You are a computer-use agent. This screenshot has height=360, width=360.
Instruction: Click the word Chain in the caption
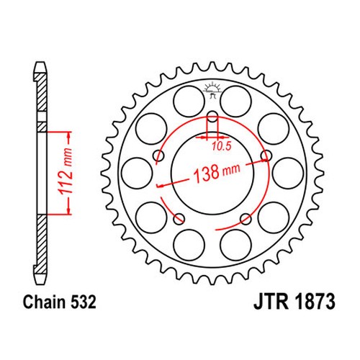(44, 302)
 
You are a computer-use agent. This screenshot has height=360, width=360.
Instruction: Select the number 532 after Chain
(83, 302)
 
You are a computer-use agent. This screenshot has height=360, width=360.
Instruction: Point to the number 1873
(314, 302)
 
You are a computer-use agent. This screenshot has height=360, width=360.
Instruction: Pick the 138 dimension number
(207, 174)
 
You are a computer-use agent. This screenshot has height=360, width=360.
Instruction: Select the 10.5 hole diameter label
(222, 146)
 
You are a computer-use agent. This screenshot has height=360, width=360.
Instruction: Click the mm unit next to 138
(231, 169)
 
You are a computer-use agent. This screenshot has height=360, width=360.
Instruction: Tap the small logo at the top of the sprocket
(212, 90)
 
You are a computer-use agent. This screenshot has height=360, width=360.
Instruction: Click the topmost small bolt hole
(212, 117)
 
